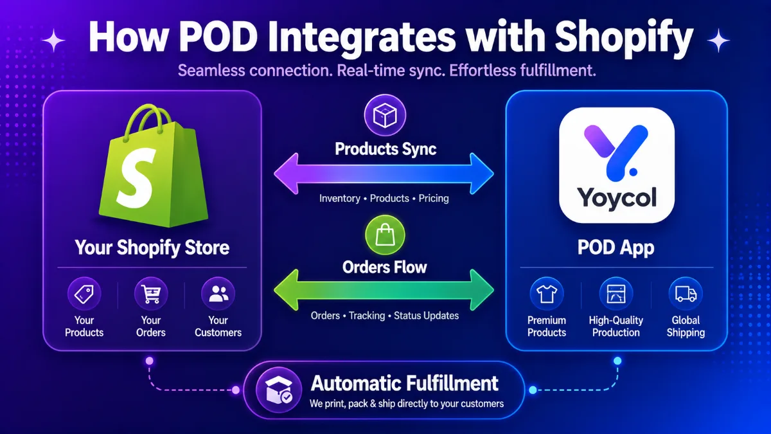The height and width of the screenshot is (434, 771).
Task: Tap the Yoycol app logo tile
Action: click(616, 165)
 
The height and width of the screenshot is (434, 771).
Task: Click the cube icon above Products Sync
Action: click(385, 115)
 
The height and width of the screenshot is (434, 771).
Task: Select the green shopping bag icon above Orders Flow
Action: click(385, 235)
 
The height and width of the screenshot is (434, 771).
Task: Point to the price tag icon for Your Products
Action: click(84, 294)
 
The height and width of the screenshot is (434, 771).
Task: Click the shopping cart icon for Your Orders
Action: click(151, 294)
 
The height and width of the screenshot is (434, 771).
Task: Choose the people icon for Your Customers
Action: click(218, 294)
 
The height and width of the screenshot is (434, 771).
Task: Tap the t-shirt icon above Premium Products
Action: click(547, 294)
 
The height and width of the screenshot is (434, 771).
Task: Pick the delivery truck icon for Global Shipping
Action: click(686, 294)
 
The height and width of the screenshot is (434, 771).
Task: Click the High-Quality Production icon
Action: click(616, 294)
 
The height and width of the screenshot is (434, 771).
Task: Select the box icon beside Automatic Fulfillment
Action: click(279, 390)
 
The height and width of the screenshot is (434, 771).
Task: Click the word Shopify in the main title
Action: click(624, 38)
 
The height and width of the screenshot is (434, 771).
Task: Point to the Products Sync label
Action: click(385, 149)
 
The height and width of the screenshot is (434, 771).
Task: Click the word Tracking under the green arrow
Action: click(367, 316)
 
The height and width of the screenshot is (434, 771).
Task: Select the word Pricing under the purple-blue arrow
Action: click(434, 199)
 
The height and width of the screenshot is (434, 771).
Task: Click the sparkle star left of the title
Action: click(53, 41)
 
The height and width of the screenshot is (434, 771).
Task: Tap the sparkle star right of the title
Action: click(718, 41)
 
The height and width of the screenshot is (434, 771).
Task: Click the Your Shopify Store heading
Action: click(152, 248)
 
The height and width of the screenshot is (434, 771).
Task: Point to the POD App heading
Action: click(616, 248)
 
